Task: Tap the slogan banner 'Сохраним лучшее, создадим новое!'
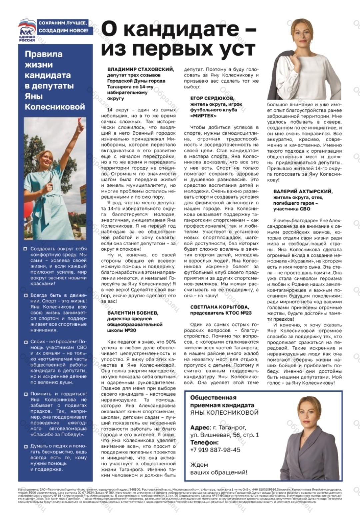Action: pyautogui.click(x=63, y=27)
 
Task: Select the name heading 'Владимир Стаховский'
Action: pyautogui.click(x=140, y=69)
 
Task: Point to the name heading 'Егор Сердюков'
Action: pyautogui.click(x=212, y=98)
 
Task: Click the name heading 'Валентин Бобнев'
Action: pyautogui.click(x=133, y=313)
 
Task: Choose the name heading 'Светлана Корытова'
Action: pyautogui.click(x=219, y=307)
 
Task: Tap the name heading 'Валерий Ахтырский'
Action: pyautogui.click(x=303, y=191)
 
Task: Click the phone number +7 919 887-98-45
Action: pyautogui.click(x=215, y=450)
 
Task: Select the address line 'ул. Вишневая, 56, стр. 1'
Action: pyautogui.click(x=224, y=435)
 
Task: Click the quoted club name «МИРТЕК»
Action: pyautogui.click(x=203, y=116)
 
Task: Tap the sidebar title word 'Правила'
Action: pyautogui.click(x=43, y=54)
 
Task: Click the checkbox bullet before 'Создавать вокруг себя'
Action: pyautogui.click(x=26, y=249)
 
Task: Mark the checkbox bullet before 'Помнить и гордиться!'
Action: pyautogui.click(x=26, y=394)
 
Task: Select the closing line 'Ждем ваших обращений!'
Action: pyautogui.click(x=218, y=469)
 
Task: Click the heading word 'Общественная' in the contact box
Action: pyautogui.click(x=213, y=398)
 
